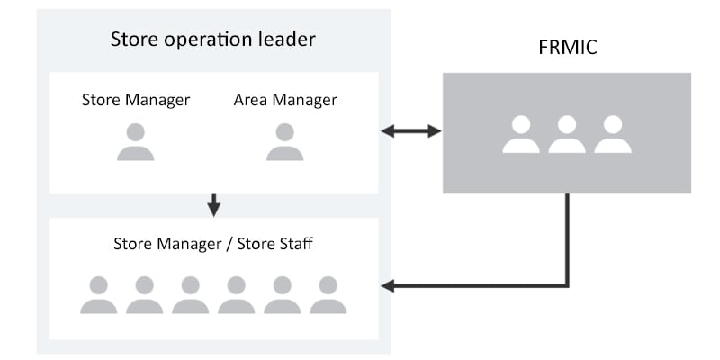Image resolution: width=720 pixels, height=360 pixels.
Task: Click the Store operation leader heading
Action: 212,40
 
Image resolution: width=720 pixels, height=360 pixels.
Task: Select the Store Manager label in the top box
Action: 136,100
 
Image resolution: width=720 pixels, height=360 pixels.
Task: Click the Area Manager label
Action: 285,100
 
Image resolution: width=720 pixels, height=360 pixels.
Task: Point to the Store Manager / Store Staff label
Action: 212,244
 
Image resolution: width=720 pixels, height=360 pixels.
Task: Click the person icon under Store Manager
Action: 136,142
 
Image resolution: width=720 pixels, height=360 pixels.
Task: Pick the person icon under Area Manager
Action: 285,142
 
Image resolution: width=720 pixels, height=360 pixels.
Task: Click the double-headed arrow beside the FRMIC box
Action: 411,131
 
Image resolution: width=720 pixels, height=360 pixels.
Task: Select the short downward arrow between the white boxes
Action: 213,205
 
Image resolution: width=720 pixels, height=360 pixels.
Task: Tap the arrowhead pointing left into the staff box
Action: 388,287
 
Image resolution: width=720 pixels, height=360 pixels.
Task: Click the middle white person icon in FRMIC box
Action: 567,134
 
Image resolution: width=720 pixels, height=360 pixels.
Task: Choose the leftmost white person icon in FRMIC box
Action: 521,134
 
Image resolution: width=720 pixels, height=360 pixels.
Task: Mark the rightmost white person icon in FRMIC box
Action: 613,134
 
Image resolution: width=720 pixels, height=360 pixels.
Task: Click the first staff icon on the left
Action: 98,295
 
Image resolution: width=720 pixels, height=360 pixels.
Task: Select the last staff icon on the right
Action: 328,295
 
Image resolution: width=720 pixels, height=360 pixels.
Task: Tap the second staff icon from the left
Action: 144,295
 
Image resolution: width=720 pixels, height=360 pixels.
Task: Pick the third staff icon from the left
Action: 190,295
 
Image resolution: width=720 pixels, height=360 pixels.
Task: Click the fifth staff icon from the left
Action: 282,295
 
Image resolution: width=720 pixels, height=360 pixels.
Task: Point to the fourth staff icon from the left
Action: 236,295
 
